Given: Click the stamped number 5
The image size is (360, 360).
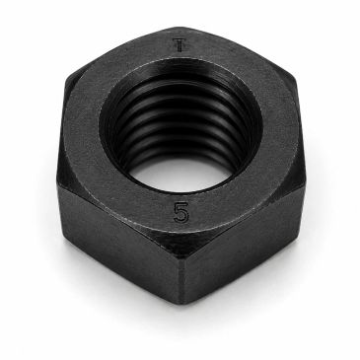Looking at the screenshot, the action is (x=181, y=212).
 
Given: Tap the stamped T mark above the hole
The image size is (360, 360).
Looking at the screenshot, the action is (x=180, y=45).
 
